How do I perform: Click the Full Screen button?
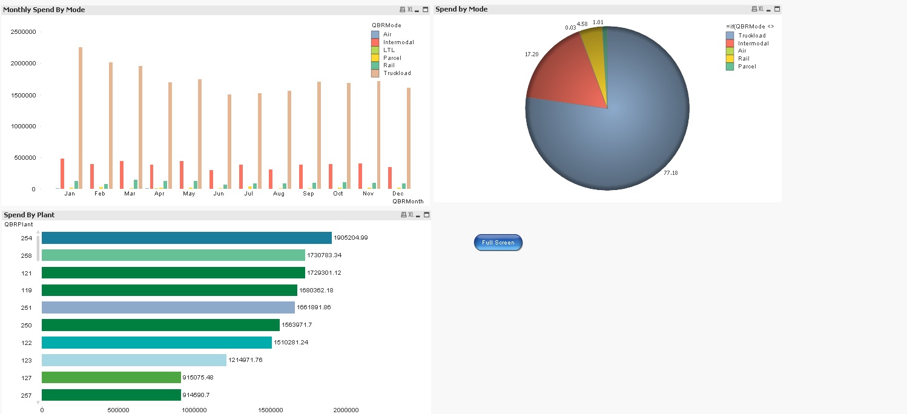[x=498, y=243]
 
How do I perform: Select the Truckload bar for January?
[x=81, y=118]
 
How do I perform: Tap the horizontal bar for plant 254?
[x=186, y=238]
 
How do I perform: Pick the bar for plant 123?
[x=134, y=360]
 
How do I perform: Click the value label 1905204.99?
[x=351, y=238]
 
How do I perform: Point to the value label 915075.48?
[x=198, y=378]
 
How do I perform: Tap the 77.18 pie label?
[x=670, y=173]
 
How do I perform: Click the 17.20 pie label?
[x=531, y=54]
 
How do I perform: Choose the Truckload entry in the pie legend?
[x=751, y=36]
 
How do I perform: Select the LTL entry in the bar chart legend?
[x=389, y=50]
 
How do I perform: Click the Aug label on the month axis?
[x=279, y=194]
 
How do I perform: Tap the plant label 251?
[x=27, y=307]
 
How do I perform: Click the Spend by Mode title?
[x=461, y=10]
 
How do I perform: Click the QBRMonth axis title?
[x=407, y=201]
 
